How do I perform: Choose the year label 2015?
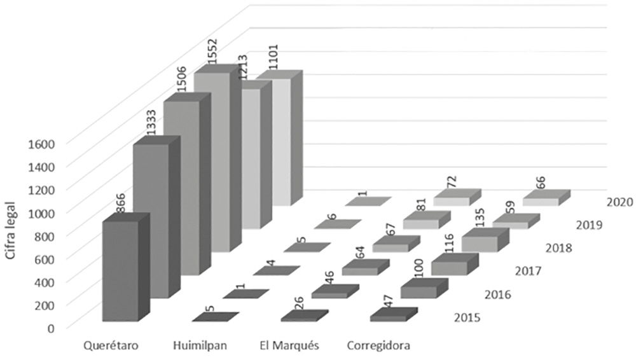coord(467,317)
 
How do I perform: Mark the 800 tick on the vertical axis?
coord(45,235)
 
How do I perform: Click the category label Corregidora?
coord(379,346)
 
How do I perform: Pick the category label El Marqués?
coord(289,346)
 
